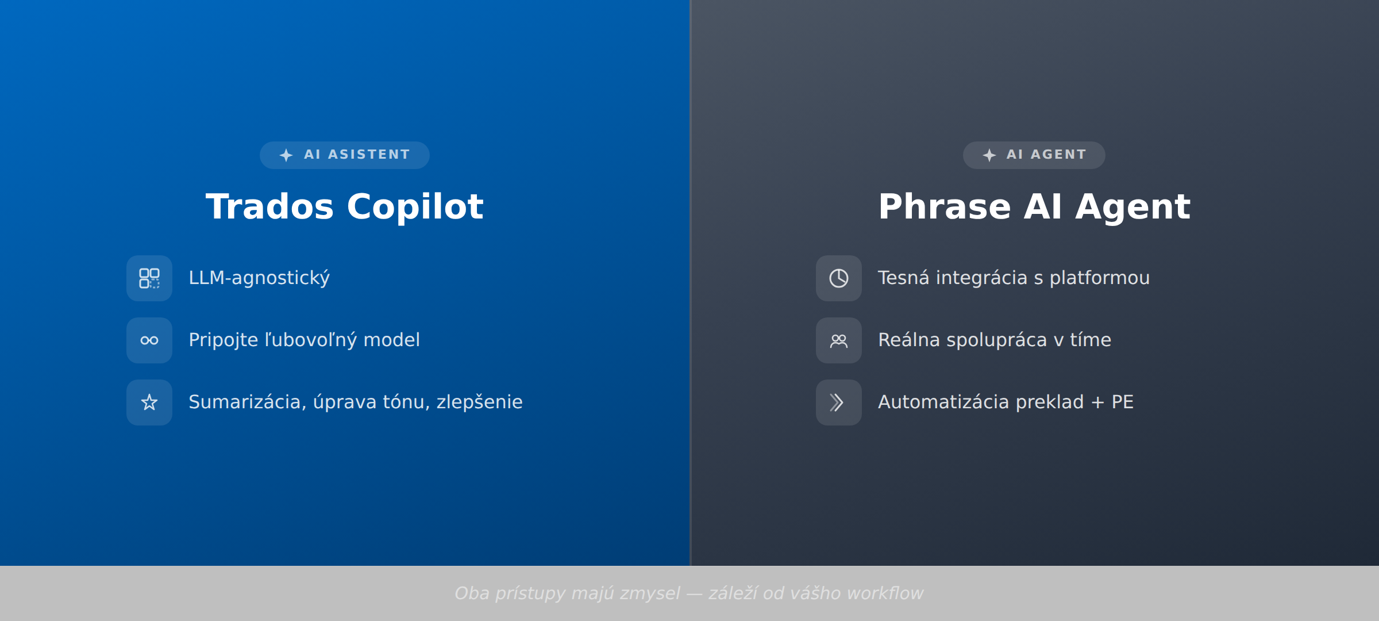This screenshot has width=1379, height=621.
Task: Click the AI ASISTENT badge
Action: [x=345, y=155]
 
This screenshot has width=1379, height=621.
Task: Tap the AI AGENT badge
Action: [x=1034, y=155]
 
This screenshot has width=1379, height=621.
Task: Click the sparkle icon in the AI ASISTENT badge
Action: [x=286, y=155]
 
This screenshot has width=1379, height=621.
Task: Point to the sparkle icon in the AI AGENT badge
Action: [x=989, y=155]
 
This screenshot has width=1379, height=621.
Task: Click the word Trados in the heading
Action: [x=269, y=206]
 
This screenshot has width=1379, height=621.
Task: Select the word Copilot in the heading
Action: [x=415, y=206]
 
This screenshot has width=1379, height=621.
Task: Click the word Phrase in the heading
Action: [x=944, y=206]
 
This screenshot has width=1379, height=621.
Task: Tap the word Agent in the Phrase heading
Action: [x=1133, y=206]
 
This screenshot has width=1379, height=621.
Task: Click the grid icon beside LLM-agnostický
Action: [x=149, y=278]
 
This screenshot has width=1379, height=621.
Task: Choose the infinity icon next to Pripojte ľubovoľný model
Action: [x=149, y=340]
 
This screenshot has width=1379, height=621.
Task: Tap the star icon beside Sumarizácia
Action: [x=149, y=402]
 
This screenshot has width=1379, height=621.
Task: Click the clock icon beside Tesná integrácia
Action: [x=839, y=278]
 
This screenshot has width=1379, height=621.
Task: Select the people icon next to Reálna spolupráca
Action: [x=839, y=340]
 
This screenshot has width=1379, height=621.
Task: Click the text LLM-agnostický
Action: [x=259, y=278]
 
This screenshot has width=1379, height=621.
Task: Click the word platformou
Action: [x=1099, y=278]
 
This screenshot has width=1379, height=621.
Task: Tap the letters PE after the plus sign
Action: [x=1122, y=402]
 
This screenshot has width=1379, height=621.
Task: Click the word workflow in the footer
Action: [x=885, y=593]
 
